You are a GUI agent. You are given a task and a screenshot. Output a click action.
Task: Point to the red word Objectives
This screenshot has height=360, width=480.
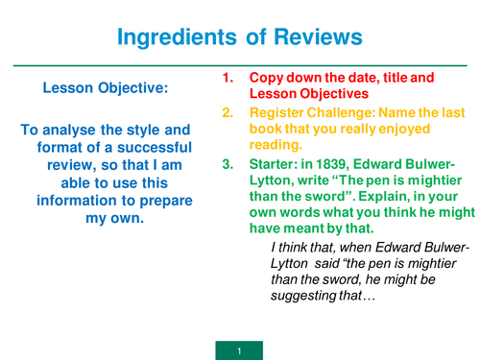332,93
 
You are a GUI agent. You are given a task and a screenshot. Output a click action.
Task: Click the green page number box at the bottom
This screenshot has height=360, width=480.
239,348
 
